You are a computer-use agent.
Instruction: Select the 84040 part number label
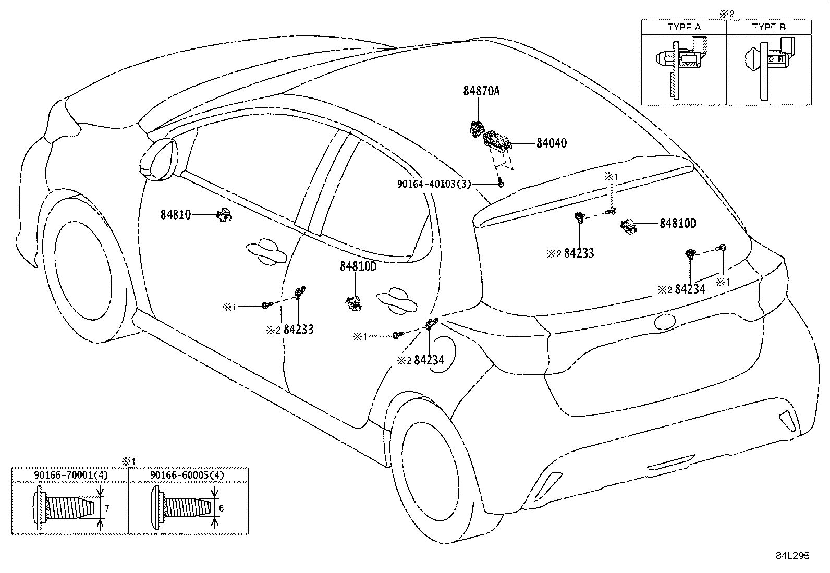551,143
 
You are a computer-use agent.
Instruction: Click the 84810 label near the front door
175,214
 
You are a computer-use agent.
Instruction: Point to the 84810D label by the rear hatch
678,224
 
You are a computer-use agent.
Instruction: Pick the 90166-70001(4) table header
70,475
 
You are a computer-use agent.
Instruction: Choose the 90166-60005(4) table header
187,475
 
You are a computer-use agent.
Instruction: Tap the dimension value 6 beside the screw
221,508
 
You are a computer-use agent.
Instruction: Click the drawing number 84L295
792,556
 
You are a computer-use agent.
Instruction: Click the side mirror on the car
158,159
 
